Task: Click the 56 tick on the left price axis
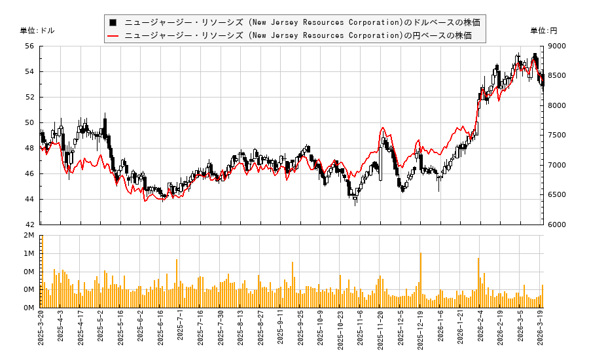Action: click(x=29, y=46)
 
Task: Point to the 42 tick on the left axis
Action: click(x=29, y=225)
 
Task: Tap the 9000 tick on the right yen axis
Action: click(x=558, y=46)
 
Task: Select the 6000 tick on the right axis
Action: click(x=558, y=225)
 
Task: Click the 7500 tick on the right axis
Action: click(x=558, y=135)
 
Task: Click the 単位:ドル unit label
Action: click(x=37, y=30)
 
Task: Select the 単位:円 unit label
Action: click(x=544, y=30)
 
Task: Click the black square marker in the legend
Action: click(x=113, y=22)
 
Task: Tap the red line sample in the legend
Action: click(x=113, y=35)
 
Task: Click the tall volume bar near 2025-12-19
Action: click(x=420, y=280)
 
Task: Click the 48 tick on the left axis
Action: click(x=29, y=148)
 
